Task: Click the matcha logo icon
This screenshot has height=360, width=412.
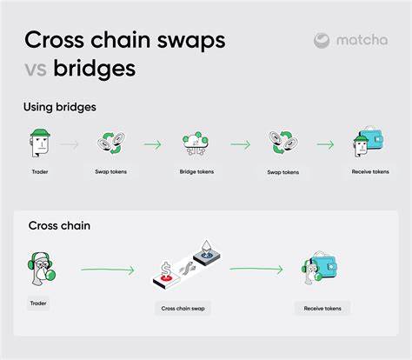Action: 322,41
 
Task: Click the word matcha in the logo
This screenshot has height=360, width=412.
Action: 362,40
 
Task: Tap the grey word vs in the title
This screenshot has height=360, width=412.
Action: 36,70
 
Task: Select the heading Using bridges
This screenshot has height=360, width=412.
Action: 60,107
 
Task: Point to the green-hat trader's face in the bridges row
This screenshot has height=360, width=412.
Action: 40,143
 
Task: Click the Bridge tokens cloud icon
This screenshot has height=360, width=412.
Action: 196,143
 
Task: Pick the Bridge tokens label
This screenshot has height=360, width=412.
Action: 196,171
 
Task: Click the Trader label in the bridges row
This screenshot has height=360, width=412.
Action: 40,171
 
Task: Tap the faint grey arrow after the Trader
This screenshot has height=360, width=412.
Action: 70,144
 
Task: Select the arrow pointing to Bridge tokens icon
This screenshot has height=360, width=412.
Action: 152,144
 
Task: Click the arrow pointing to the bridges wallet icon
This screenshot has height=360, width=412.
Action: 325,144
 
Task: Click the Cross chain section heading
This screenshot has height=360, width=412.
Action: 59,225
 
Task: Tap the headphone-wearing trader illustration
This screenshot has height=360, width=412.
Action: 42,269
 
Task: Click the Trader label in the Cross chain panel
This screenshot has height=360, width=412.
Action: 38,303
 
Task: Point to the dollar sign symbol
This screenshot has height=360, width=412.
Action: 166,269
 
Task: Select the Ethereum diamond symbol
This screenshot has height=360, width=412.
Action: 206,246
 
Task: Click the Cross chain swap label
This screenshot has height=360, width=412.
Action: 183,309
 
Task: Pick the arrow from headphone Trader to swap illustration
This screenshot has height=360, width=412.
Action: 108,270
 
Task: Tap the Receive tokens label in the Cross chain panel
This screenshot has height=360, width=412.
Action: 322,309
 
